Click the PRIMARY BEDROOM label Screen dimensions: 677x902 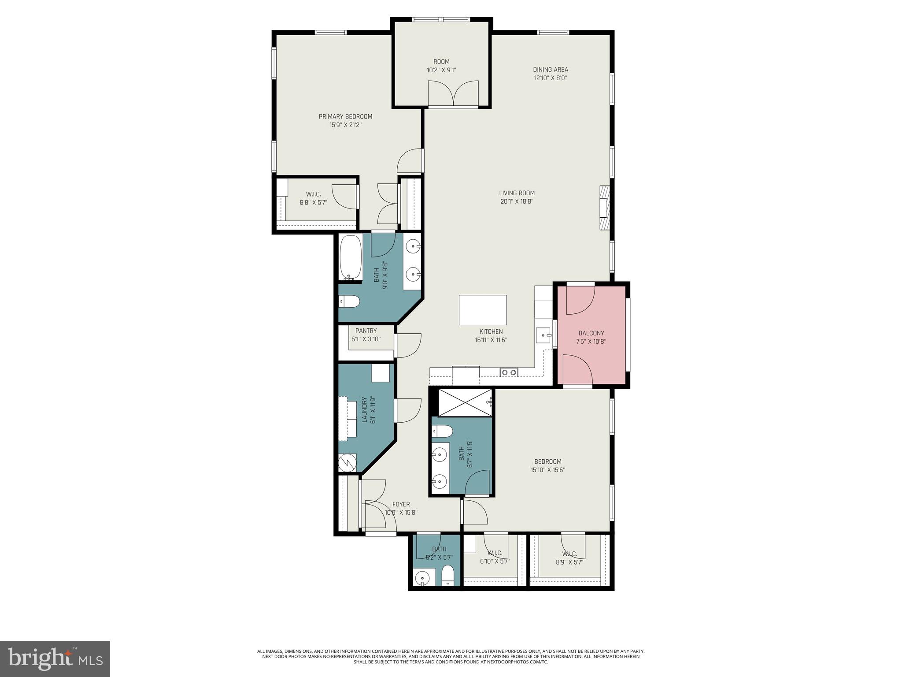click(345, 116)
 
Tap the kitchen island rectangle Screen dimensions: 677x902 click(482, 310)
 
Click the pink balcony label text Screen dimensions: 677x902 click(591, 333)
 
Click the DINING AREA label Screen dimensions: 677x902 click(550, 70)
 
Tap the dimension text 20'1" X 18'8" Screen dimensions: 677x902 click(517, 201)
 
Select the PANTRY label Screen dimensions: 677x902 click(366, 331)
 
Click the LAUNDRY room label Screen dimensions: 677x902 click(364, 410)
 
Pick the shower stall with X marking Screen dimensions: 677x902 click(465, 402)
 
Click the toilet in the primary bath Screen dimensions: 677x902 click(350, 302)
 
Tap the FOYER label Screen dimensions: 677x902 click(401, 504)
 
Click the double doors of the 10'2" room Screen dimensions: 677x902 click(453, 94)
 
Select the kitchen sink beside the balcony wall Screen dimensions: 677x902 click(544, 335)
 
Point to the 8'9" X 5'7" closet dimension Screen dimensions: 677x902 click(569, 562)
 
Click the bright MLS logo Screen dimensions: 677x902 click(55, 658)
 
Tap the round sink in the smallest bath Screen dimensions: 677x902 click(423, 577)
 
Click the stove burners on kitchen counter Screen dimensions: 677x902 click(509, 372)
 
